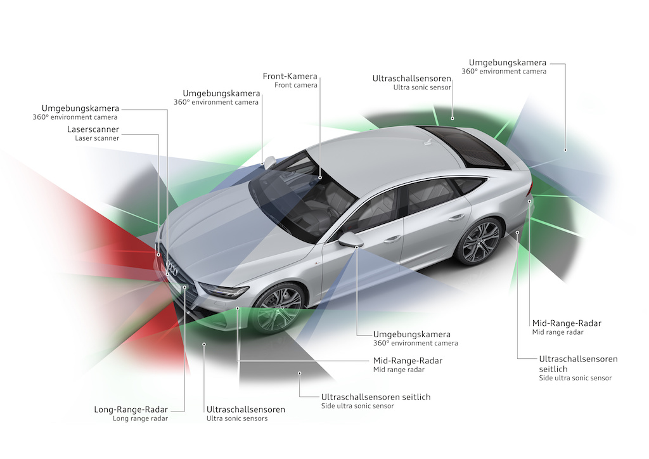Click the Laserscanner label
tap(93, 129)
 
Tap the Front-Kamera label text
tap(290, 77)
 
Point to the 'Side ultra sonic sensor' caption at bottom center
tap(357, 406)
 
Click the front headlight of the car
tap(224, 292)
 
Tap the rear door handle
tap(456, 217)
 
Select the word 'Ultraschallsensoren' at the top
tap(412, 78)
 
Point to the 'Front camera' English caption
tap(296, 86)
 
